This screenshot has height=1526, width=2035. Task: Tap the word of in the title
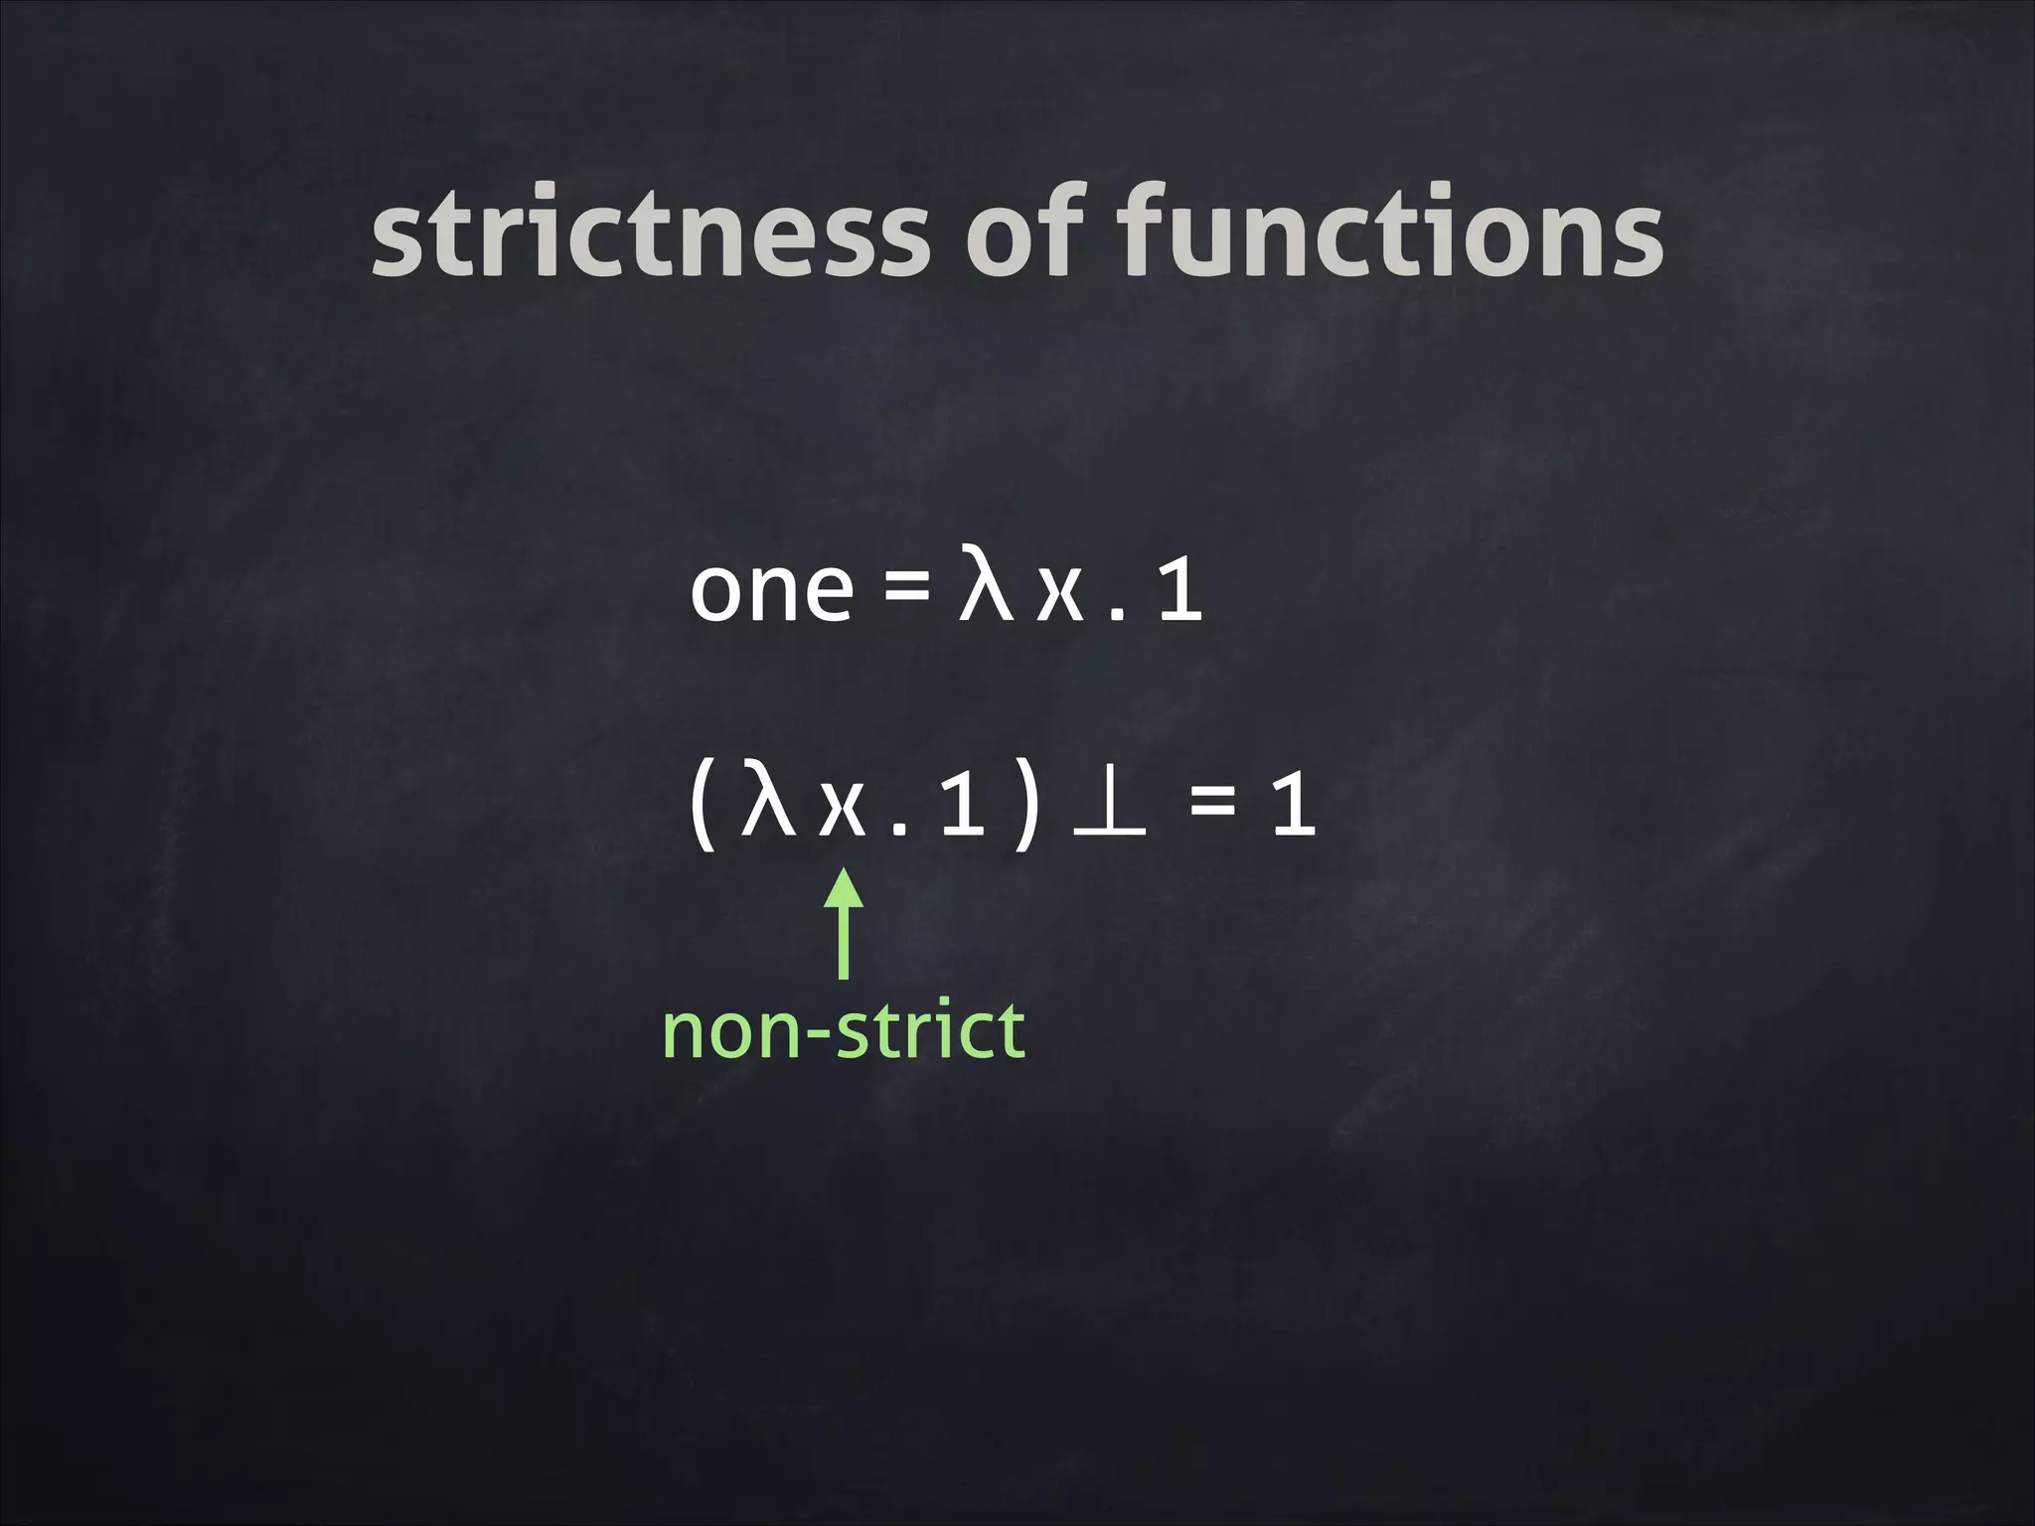coord(1024,230)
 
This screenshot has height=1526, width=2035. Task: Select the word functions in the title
coord(1390,232)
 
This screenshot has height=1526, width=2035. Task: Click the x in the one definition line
coord(1059,594)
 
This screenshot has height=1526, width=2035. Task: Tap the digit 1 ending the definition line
coord(1180,590)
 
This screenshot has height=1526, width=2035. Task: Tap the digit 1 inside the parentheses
coord(962,805)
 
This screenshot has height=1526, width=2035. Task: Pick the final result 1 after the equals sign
coord(1294,805)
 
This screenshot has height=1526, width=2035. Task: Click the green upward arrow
coord(844,924)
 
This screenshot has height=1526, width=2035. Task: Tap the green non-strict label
coord(843,1031)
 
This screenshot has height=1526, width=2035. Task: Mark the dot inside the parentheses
coord(899,829)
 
